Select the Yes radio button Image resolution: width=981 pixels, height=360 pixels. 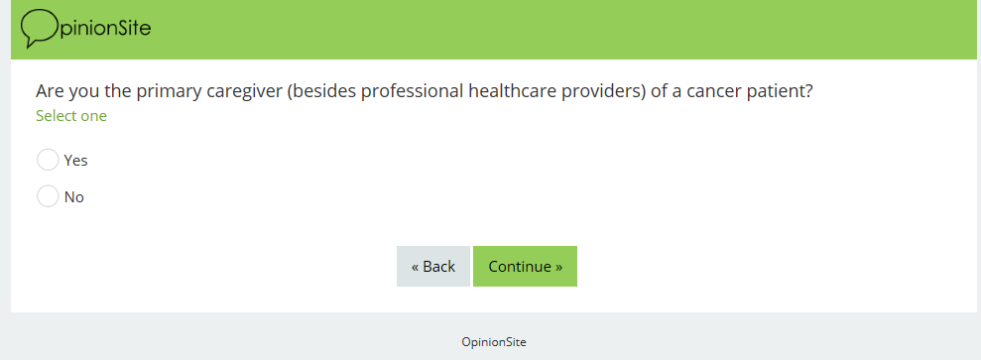coord(48,160)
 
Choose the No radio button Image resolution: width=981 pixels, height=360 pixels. coord(48,196)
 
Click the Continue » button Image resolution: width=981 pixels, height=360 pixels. coord(525,266)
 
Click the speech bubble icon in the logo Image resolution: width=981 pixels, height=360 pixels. coord(39,28)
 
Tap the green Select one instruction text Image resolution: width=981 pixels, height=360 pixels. coord(71,116)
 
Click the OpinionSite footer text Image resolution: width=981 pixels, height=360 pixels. coord(494,342)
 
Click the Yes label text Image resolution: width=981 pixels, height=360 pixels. coord(75,161)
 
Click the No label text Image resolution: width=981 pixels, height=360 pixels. coord(73,197)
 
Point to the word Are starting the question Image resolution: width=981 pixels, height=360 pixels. coord(49,92)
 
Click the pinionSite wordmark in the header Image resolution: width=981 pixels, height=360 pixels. coord(105,28)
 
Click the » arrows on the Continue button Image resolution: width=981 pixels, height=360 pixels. coord(558,267)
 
